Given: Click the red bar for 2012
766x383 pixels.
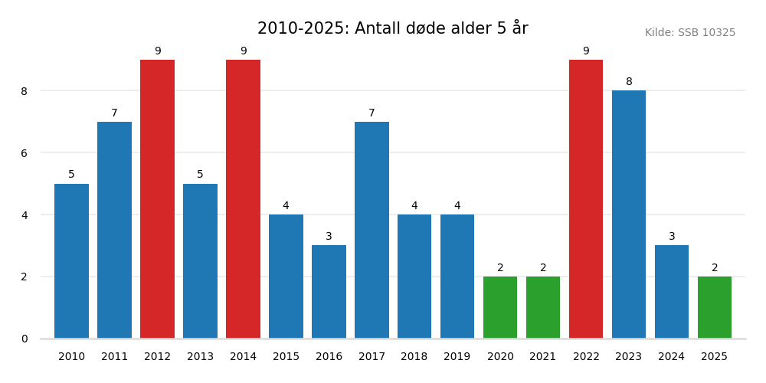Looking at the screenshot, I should pos(157,199).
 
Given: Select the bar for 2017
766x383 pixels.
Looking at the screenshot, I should pos(372,230).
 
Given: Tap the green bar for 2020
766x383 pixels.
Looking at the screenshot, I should pos(500,307).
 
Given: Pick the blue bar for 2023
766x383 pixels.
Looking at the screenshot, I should pos(629,214).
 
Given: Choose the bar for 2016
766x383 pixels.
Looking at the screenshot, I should pos(329,292).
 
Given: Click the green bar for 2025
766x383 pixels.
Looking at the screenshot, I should pos(715,307).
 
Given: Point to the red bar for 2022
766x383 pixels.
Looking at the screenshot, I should pos(586,199).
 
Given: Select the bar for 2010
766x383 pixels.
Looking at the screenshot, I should pos(71,261).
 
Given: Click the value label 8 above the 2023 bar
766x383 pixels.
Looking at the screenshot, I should pos(629,82).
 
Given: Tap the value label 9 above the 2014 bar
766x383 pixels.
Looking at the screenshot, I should pos(243,51).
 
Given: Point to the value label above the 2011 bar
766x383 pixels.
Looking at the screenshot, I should pos(114,113).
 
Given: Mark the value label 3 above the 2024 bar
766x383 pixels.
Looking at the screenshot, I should pos(672,237).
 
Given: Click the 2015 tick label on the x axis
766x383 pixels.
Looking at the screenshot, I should pos(286,357).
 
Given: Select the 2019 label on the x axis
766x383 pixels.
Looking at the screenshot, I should pos(457,357).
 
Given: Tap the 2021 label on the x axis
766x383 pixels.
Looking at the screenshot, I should pos(543,357).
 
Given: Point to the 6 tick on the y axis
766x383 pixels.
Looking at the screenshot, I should pos(24,153).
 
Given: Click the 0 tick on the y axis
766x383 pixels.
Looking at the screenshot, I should pos(24,339).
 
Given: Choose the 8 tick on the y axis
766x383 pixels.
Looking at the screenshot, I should pos(24,91).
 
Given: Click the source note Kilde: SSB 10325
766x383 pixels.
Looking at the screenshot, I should pos(689,33).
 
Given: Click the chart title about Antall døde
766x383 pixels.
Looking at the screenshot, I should pos(392,29).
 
